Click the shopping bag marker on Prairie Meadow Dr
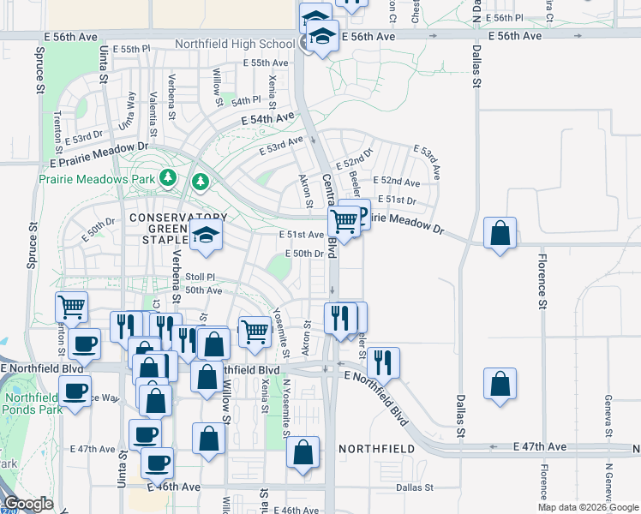tap(500, 232)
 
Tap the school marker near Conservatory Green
tap(206, 235)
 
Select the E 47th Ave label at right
tap(540, 447)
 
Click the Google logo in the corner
tap(28, 504)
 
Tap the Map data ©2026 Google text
tap(587, 507)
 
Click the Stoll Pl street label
tap(200, 277)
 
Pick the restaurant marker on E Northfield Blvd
tap(384, 362)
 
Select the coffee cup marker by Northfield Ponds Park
tap(75, 393)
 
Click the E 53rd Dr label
tap(87, 136)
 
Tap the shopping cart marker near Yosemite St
tap(255, 332)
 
